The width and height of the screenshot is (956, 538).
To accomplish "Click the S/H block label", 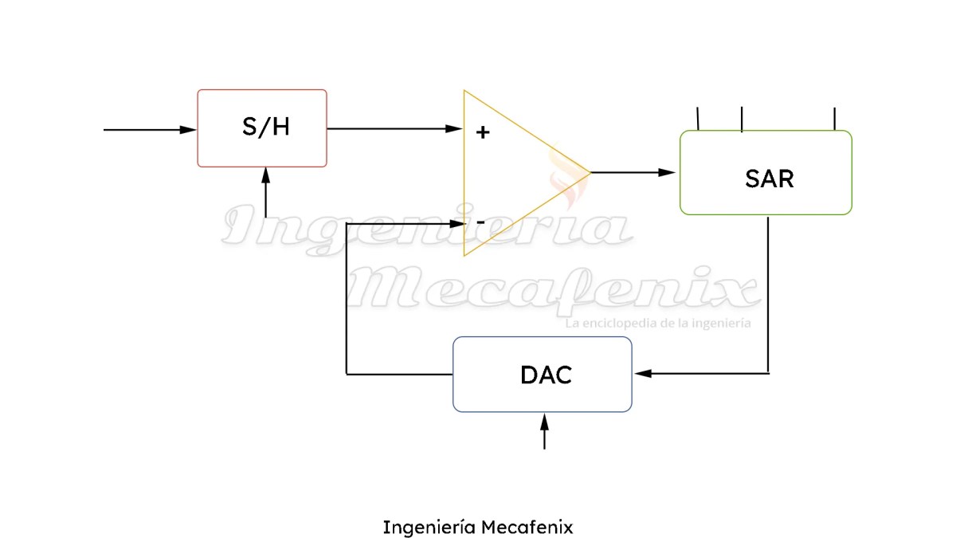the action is [x=266, y=128].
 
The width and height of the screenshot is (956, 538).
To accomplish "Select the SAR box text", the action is [x=769, y=179].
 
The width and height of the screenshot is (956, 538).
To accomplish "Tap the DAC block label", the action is [x=546, y=375].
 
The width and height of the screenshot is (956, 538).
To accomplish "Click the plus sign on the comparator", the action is [x=482, y=132].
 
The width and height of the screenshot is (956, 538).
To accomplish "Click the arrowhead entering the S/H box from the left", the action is [x=189, y=129].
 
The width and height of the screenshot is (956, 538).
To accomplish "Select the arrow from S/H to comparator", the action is [x=394, y=128].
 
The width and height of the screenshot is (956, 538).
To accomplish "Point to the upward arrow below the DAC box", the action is [x=545, y=432].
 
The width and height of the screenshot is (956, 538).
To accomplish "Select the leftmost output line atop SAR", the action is [x=698, y=118].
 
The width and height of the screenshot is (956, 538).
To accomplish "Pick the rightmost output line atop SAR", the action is [x=835, y=118].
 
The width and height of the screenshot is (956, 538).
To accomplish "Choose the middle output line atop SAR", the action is [x=742, y=118].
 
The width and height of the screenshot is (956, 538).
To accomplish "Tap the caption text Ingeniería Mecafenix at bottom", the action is [x=478, y=527].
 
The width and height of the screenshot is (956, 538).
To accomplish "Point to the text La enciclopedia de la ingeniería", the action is [x=657, y=324].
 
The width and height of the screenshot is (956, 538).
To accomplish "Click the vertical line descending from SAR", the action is [x=768, y=295].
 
